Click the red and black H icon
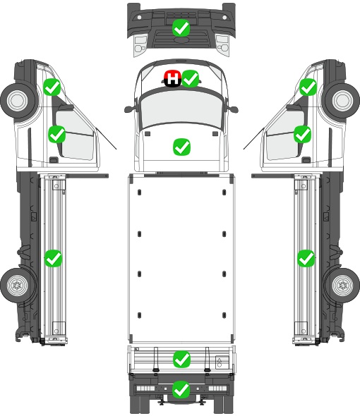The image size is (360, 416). click(173, 79)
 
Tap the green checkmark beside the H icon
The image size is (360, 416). click(191, 79)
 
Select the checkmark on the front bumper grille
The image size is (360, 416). click(181, 28)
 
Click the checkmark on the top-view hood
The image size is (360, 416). click(181, 147)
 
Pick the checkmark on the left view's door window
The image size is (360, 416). click(57, 134)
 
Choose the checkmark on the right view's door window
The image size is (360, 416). click(302, 134)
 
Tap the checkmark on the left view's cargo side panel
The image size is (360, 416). click(53, 258)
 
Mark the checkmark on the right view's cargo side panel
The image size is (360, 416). click(306, 258)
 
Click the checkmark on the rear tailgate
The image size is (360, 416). click(181, 360)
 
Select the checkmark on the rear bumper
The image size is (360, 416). click(181, 389)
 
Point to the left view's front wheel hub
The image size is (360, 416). click(17, 101)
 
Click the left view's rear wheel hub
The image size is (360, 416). click(17, 285)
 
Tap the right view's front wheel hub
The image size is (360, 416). click(343, 101)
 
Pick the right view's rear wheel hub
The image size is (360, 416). click(343, 285)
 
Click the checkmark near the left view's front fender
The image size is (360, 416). click(52, 87)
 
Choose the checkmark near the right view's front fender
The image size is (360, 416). click(308, 87)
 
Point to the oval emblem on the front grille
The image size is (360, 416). click(181, 39)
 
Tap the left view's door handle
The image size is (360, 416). click(54, 160)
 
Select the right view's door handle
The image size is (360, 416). click(306, 160)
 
